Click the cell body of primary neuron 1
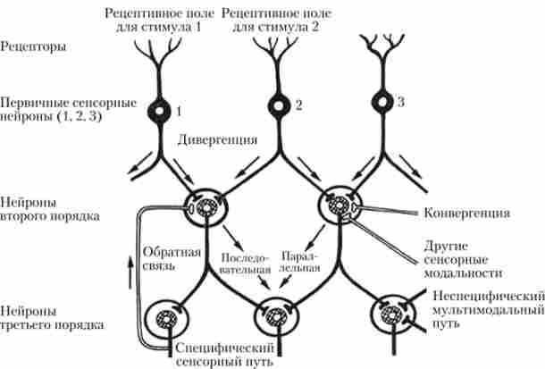(160, 111)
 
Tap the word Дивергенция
(218, 140)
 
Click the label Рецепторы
(33, 44)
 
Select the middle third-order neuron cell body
(270, 315)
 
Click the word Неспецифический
(487, 295)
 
